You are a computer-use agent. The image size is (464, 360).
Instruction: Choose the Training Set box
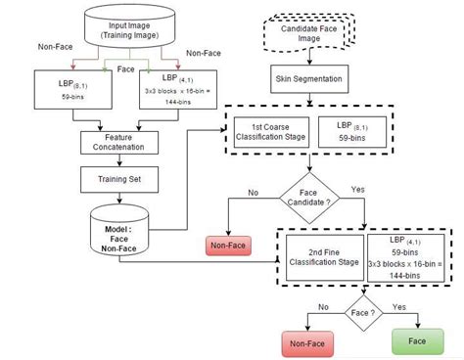tap(120, 180)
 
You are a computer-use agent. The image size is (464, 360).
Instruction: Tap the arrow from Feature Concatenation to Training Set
tap(120, 159)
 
